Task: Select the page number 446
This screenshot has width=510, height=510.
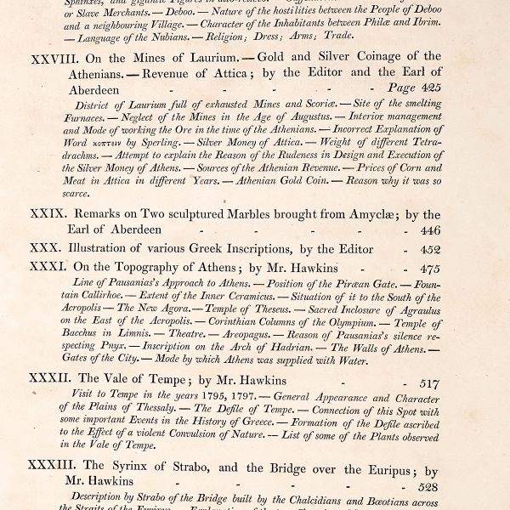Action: [x=430, y=230]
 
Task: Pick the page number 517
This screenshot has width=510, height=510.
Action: [x=430, y=382]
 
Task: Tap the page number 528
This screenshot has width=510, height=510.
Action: [x=430, y=488]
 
